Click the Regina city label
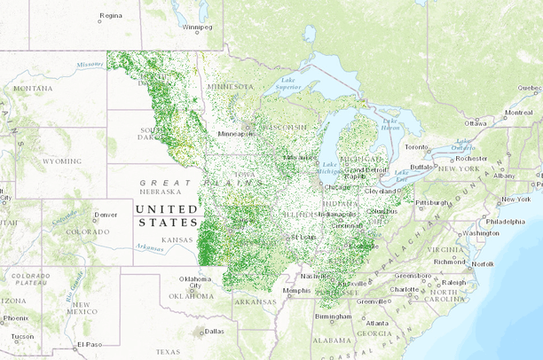click(111, 15)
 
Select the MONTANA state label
click(33, 89)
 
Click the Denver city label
click(106, 215)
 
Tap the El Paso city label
click(90, 343)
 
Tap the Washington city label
click(480, 233)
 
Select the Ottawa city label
click(476, 122)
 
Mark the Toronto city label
click(417, 146)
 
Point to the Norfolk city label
click(483, 263)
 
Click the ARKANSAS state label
click(256, 301)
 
